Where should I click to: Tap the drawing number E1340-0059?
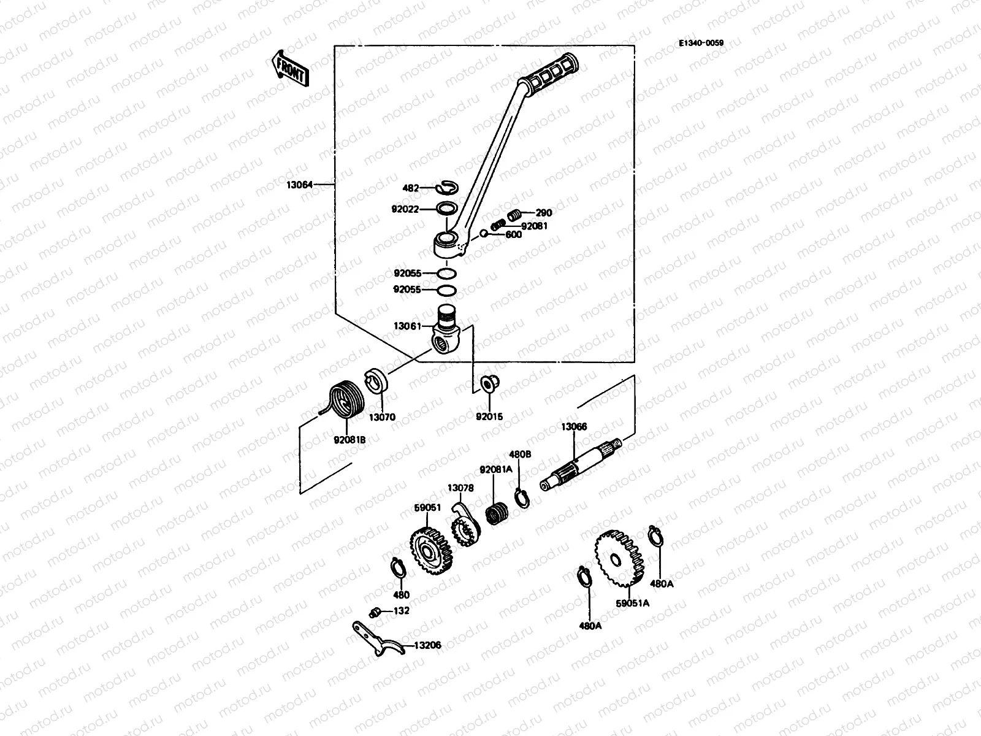[700, 43]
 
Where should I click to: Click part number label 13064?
[300, 184]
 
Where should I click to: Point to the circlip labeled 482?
[446, 188]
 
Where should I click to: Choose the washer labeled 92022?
[447, 209]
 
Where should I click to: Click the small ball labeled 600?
[484, 233]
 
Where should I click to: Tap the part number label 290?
[543, 213]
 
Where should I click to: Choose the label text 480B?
[520, 454]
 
